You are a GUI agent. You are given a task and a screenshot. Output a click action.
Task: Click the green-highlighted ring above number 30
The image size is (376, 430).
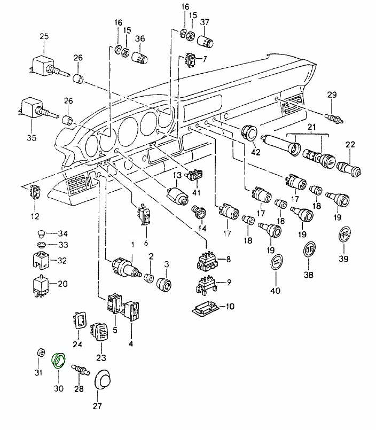pyautogui.click(x=57, y=361)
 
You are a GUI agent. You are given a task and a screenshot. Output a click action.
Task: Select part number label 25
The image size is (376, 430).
pyautogui.click(x=44, y=36)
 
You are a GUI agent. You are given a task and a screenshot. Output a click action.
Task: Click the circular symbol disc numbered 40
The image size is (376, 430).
pyautogui.click(x=275, y=263)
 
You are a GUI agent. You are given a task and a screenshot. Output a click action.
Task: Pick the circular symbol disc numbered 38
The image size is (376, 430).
pyautogui.click(x=309, y=250)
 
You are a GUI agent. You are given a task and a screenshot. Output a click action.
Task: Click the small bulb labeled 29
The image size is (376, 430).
pyautogui.click(x=333, y=114)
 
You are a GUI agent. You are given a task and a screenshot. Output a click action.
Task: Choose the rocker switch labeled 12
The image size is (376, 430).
pyautogui.click(x=35, y=192)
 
